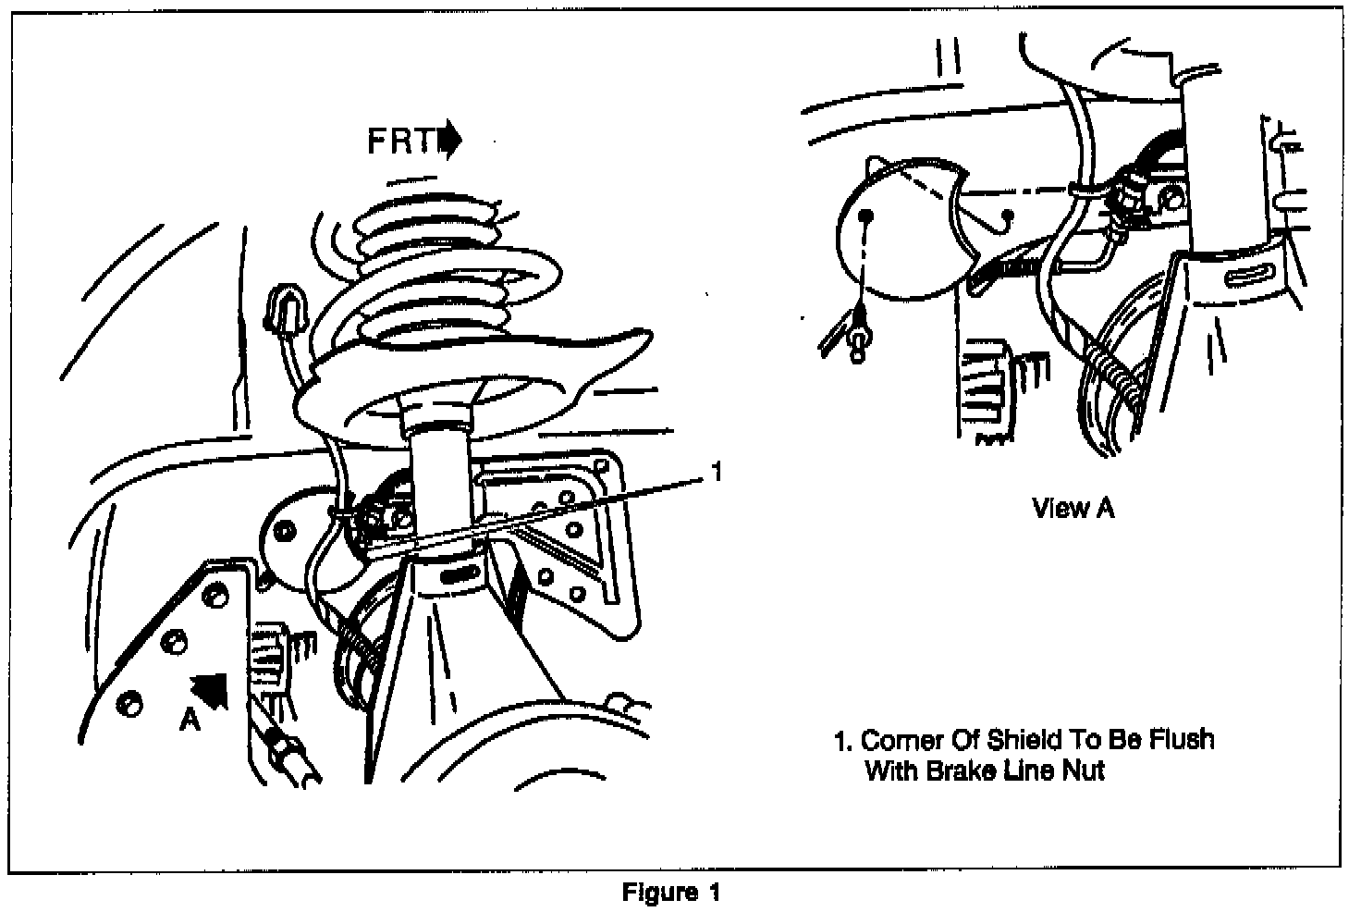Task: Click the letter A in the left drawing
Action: (x=190, y=719)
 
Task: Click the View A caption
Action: (x=1073, y=508)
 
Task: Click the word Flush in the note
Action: (x=1181, y=740)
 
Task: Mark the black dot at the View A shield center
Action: (x=866, y=216)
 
